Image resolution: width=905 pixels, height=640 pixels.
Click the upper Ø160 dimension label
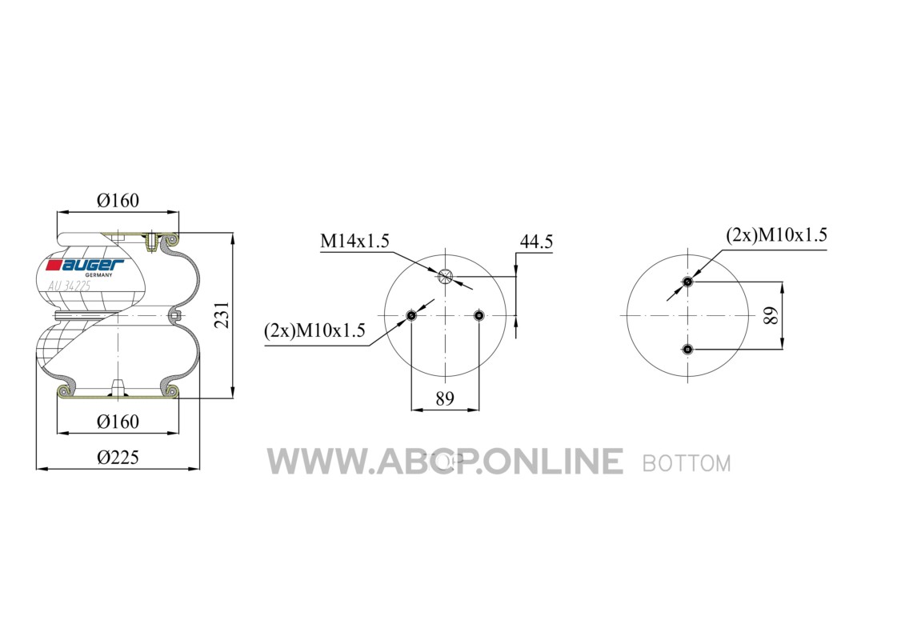coord(118,200)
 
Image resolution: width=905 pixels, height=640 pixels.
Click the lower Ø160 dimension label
coord(118,422)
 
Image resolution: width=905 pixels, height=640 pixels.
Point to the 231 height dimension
coord(222,314)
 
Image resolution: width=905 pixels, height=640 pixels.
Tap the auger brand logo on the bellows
coord(86,265)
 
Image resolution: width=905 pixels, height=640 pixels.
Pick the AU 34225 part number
coord(70,286)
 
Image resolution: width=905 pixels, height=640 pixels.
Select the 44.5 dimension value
coord(536,242)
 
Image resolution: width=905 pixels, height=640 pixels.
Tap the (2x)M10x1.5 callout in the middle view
coord(314,330)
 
